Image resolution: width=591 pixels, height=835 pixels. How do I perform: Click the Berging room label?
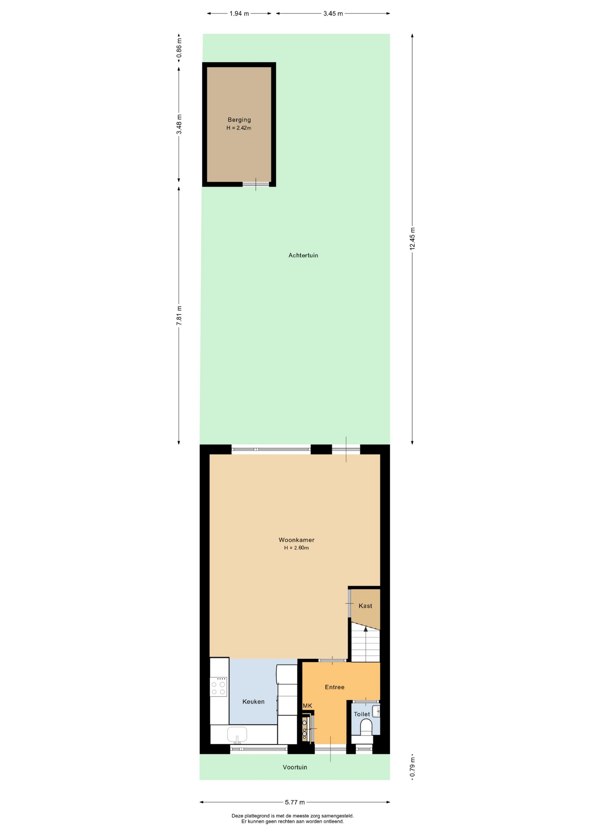click(x=239, y=120)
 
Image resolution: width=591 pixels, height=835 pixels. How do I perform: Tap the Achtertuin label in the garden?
click(x=303, y=255)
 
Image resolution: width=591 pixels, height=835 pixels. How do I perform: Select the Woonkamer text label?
click(x=296, y=540)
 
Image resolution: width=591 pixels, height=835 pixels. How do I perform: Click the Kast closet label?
click(x=365, y=606)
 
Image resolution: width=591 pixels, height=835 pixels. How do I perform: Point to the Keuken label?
click(x=253, y=701)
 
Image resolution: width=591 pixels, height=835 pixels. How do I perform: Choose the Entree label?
click(x=335, y=687)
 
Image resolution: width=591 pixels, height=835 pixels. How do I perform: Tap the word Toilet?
click(x=362, y=714)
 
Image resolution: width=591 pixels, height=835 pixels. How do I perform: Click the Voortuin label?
click(x=295, y=767)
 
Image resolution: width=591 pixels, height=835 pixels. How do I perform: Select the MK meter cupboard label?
click(x=307, y=706)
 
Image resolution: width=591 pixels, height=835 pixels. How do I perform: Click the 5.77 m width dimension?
click(x=295, y=802)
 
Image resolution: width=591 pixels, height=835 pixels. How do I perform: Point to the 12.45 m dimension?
click(x=413, y=239)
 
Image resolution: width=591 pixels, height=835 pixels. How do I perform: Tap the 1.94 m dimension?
click(x=239, y=13)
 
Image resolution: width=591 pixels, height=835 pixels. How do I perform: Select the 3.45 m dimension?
click(x=333, y=13)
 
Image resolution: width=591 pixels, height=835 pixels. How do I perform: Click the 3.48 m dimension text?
click(x=179, y=124)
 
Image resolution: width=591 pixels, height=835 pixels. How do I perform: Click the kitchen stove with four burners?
click(x=218, y=687)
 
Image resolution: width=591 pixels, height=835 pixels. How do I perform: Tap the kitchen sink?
click(x=237, y=735)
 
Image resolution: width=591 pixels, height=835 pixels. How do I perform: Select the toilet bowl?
click(x=366, y=727)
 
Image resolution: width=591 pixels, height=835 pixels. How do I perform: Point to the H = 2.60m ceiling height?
click(x=296, y=548)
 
